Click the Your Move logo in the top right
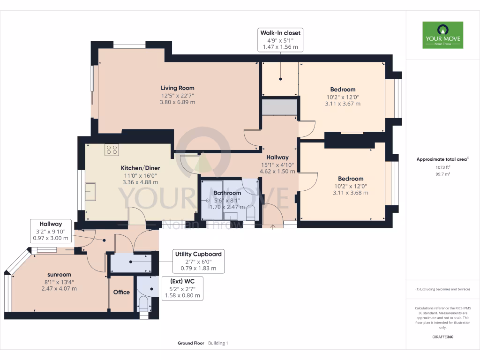point(442,35)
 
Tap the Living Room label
point(177,88)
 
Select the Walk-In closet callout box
point(280,40)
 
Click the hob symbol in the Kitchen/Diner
point(112,150)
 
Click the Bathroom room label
point(227,193)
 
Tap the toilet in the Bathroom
point(250,212)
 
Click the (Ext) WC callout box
point(183,288)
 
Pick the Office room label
point(121,292)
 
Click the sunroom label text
point(59,275)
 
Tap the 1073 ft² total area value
point(442,167)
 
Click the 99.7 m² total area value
point(442,173)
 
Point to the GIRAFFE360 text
point(442,337)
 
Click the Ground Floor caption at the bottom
point(191,343)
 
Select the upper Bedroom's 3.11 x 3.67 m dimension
point(343,104)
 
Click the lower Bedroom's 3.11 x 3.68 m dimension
point(351,193)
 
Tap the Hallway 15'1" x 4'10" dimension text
point(278,165)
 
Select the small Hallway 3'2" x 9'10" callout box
point(51,231)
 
